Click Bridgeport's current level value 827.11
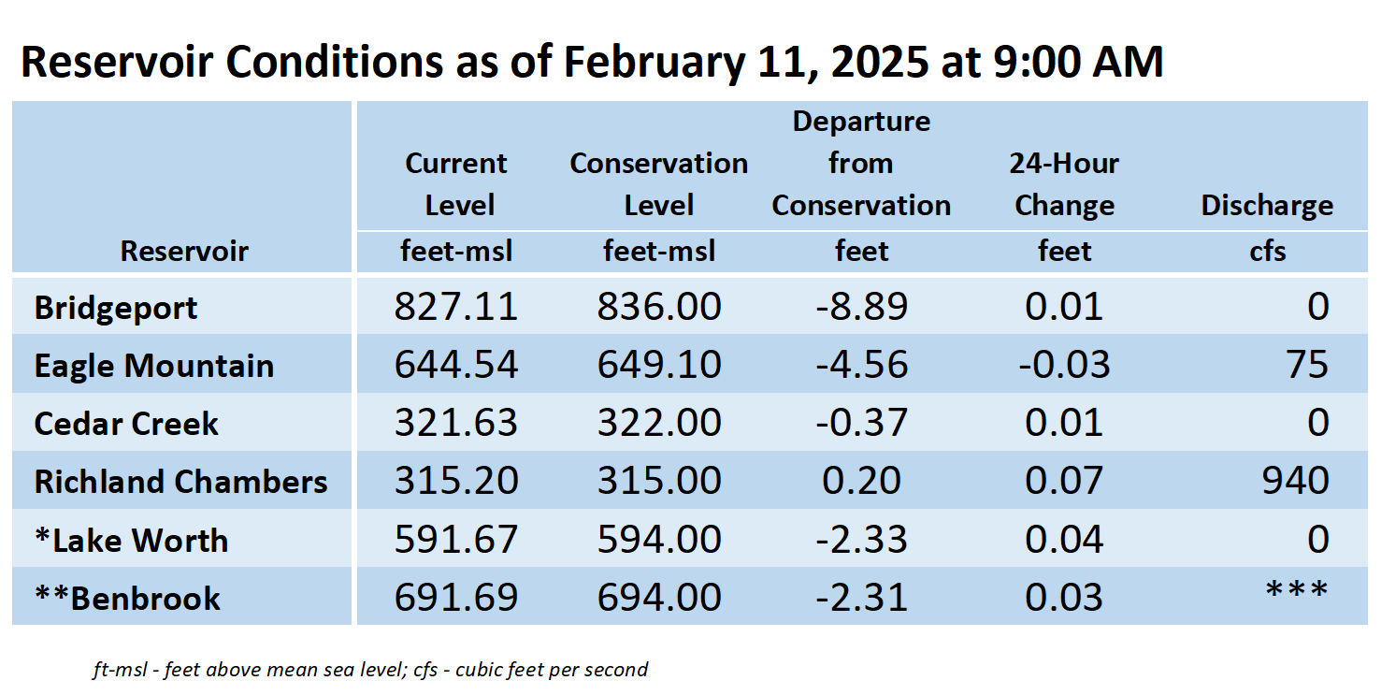pyautogui.click(x=455, y=307)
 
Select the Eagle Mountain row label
pyautogui.click(x=154, y=366)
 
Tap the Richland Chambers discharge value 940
pyautogui.click(x=1295, y=481)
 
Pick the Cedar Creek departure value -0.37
pyautogui.click(x=861, y=423)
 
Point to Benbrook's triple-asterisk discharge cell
pyautogui.click(x=1297, y=590)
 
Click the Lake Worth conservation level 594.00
pyautogui.click(x=659, y=539)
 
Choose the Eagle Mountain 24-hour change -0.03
pyautogui.click(x=1064, y=365)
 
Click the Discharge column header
pyautogui.click(x=1267, y=206)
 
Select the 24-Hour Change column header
pyautogui.click(x=1064, y=184)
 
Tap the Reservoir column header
pyautogui.click(x=184, y=251)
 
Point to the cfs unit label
pyautogui.click(x=1268, y=252)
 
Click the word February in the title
pyautogui.click(x=655, y=63)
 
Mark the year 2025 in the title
pyautogui.click(x=880, y=62)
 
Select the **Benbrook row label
pyautogui.click(x=127, y=598)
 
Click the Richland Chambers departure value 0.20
pyautogui.click(x=861, y=481)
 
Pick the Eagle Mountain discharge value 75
pyautogui.click(x=1306, y=365)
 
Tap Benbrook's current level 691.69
pyautogui.click(x=455, y=597)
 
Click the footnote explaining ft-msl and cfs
pyautogui.click(x=370, y=670)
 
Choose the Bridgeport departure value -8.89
pyautogui.click(x=861, y=307)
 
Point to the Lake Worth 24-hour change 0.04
pyautogui.click(x=1064, y=539)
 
